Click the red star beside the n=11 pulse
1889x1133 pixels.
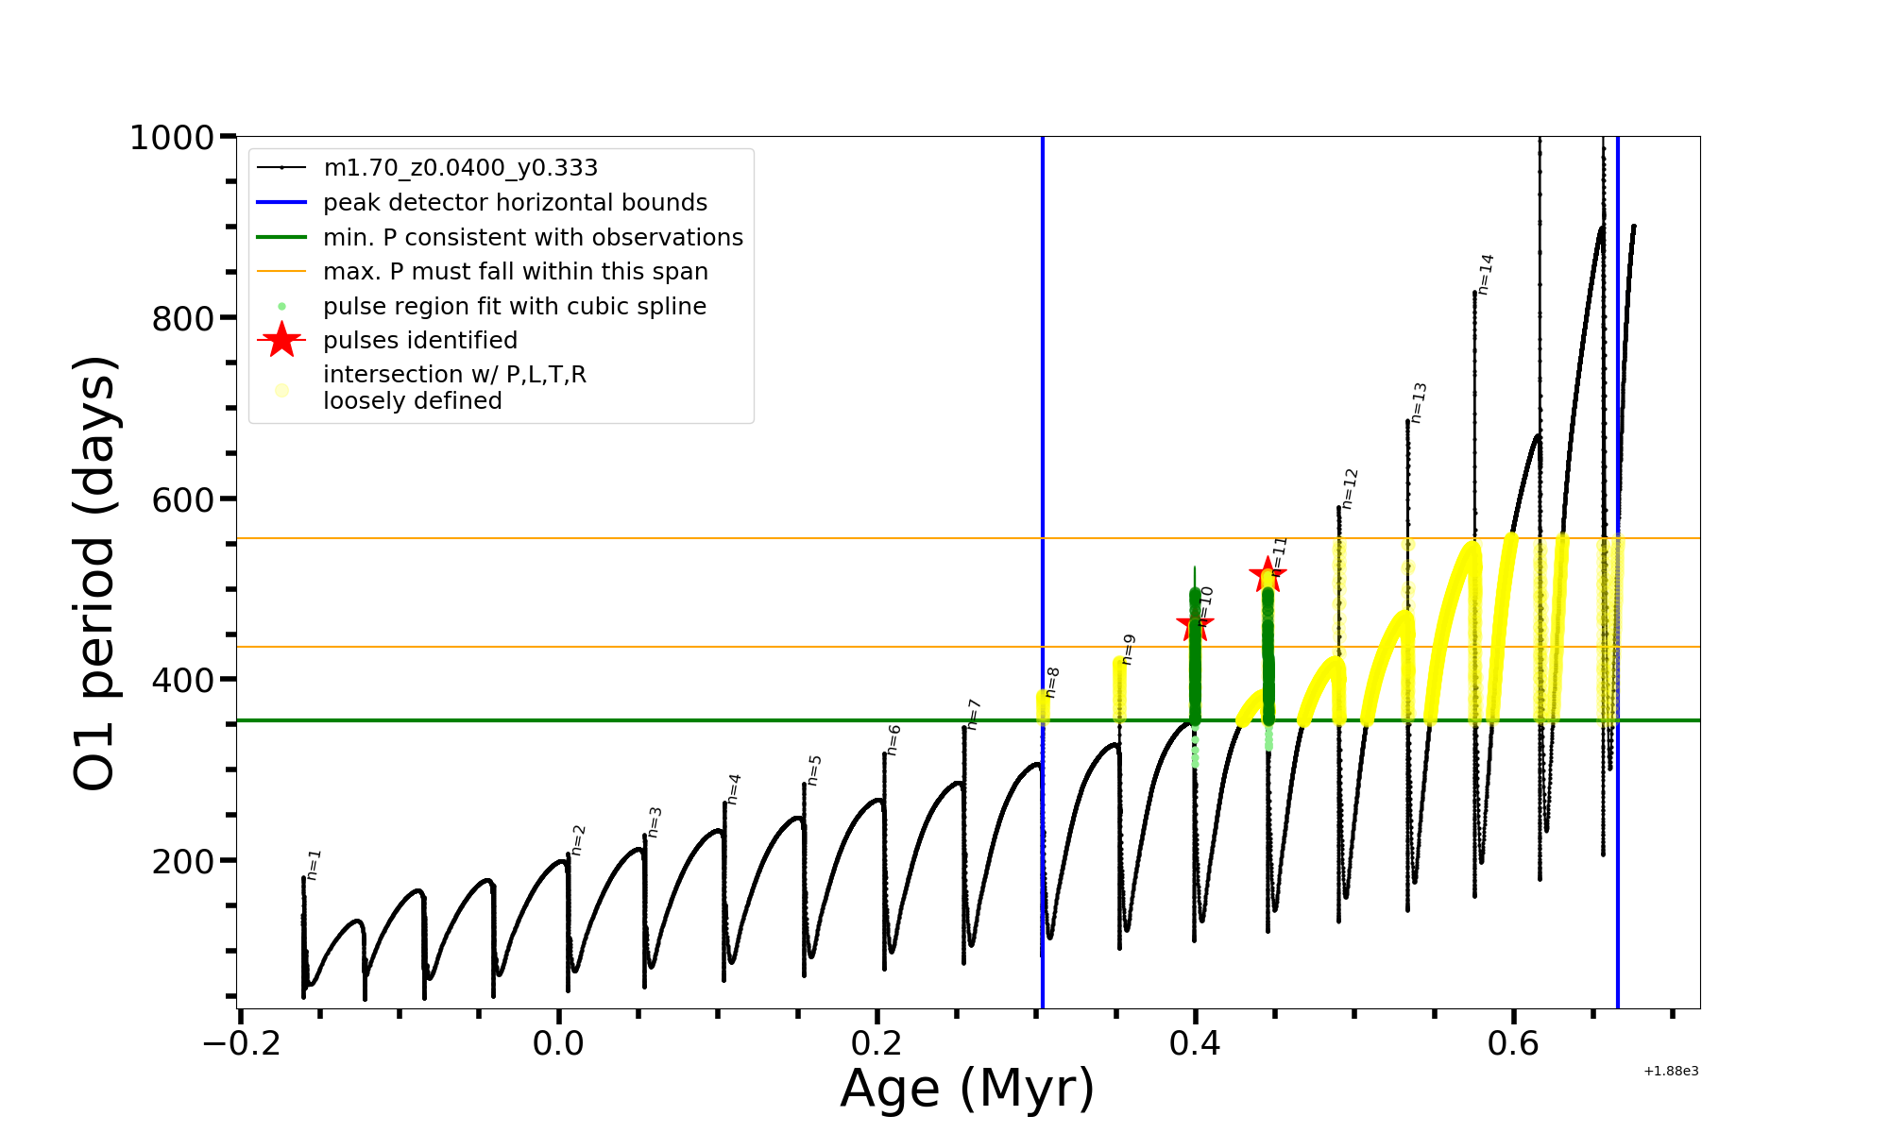[1267, 574]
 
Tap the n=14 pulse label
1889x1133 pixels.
[1486, 275]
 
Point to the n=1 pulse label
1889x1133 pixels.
[314, 864]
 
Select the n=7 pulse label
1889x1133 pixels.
[974, 715]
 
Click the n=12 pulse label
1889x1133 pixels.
[1350, 488]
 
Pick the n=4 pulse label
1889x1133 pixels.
[734, 789]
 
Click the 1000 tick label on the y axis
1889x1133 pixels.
[172, 138]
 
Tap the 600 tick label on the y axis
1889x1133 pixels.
[183, 499]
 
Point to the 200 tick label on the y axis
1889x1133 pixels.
[183, 861]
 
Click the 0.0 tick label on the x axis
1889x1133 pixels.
[558, 1043]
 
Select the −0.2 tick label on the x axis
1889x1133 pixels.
[242, 1043]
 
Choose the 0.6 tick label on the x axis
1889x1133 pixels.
[1513, 1043]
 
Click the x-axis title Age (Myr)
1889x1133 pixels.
[967, 1089]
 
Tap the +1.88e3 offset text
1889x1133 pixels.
[1671, 1071]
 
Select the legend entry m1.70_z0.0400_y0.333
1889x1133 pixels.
[460, 168]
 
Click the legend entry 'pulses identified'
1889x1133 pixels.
[420, 340]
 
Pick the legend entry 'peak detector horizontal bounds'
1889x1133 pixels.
[515, 203]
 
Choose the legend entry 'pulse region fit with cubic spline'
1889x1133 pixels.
[515, 307]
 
